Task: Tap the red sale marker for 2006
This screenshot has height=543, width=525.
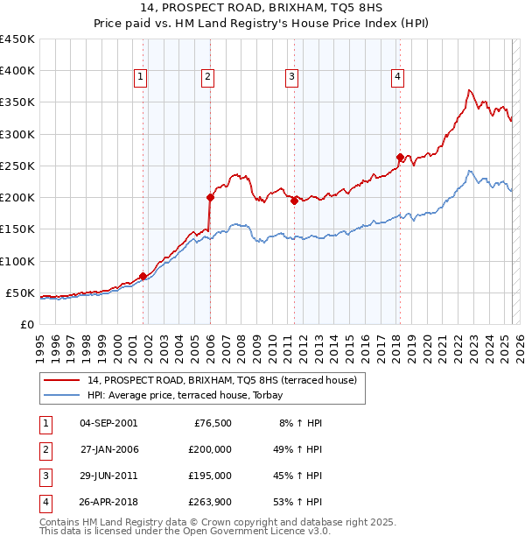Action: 210,197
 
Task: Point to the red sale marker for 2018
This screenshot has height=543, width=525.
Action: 400,158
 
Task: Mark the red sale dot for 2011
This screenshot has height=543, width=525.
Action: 294,201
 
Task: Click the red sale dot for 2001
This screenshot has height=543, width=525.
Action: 143,276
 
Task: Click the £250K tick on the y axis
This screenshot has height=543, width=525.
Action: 18,166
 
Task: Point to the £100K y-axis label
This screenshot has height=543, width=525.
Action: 18,261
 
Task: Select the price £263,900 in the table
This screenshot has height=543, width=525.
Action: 210,502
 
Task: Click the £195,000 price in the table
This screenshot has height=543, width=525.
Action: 210,476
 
